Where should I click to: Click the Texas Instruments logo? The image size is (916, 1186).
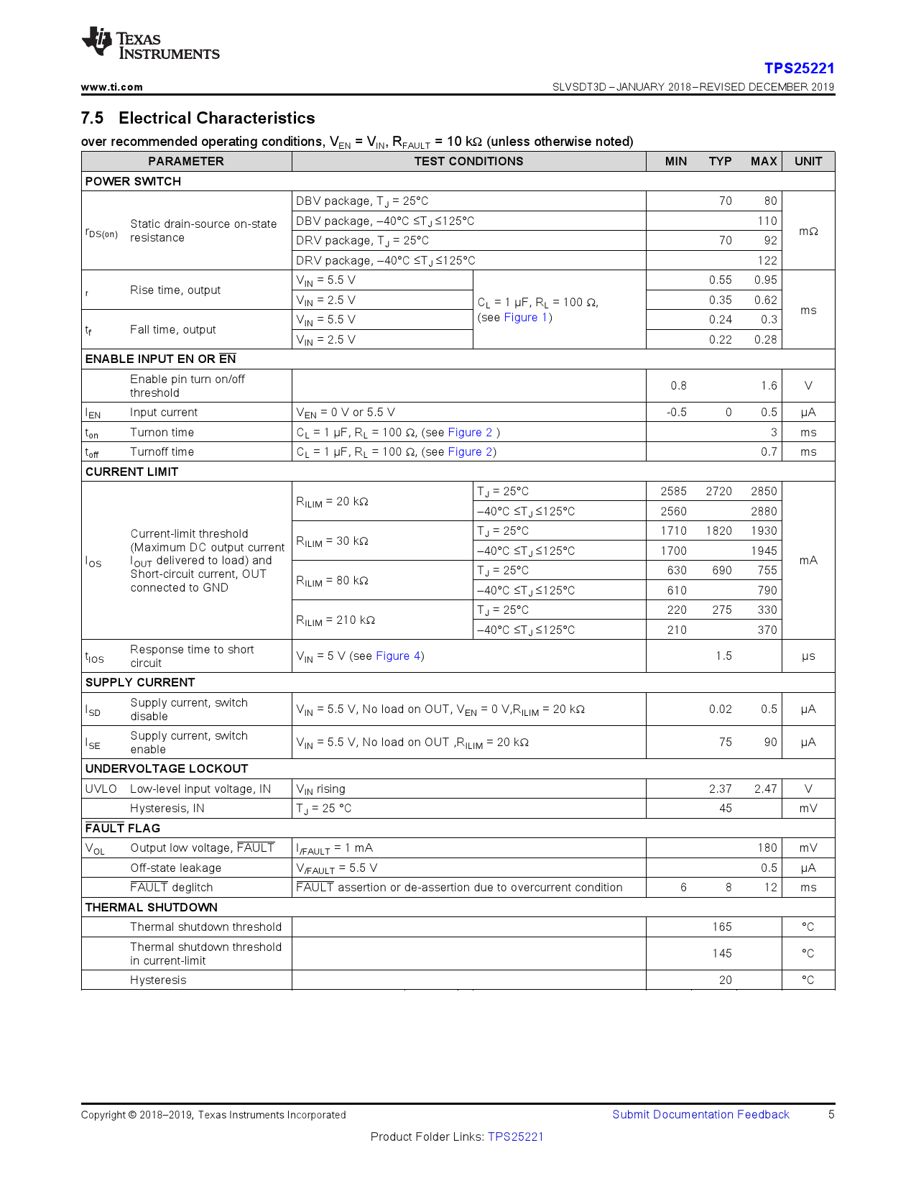pos(150,45)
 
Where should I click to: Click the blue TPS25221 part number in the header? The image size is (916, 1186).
pos(799,68)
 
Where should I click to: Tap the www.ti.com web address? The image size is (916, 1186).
pos(111,87)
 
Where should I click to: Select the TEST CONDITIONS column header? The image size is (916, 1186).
pos(468,161)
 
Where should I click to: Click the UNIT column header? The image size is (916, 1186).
pos(808,161)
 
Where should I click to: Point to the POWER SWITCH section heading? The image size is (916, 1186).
pos(133,181)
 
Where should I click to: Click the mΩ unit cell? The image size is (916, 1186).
pos(808,231)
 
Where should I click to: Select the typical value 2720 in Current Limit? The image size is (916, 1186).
pos(718,492)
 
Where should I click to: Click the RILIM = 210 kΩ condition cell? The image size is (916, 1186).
pos(336,620)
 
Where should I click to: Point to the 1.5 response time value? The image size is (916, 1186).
pos(723,656)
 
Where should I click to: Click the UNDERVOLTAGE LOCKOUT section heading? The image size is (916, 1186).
pos(167,768)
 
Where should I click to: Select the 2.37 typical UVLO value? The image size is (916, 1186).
pos(720,789)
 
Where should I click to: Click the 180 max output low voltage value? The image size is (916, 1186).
pos(767,848)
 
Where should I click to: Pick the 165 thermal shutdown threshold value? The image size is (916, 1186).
pos(722,927)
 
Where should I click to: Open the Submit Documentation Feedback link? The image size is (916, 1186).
pos(700,1115)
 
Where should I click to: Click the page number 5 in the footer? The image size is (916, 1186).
pos(831,1115)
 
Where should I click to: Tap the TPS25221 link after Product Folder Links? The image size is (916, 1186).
pos(516,1137)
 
